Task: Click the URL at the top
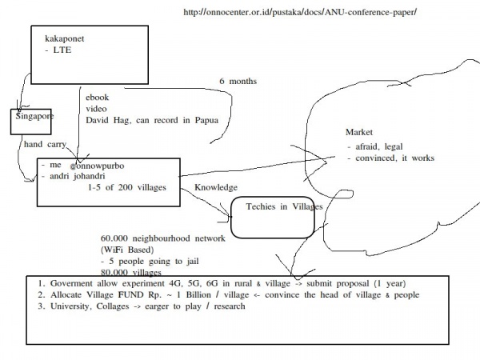(300, 13)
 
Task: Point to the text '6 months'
(238, 80)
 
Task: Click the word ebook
(98, 97)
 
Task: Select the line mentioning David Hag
(152, 120)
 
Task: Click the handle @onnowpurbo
(97, 166)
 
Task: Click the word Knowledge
(216, 187)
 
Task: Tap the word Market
(359, 131)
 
